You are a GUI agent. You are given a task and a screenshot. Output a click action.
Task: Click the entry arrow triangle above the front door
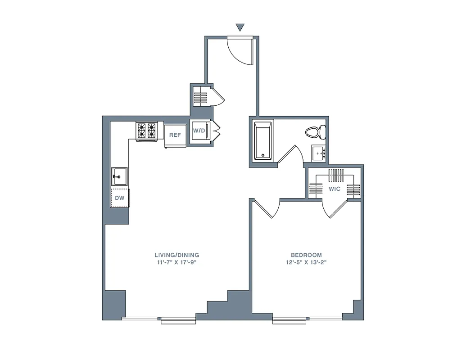240,27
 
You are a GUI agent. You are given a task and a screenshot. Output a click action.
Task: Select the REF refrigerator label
175,135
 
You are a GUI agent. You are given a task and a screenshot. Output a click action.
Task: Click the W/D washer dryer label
199,131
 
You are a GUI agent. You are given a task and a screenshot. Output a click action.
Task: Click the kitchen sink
120,176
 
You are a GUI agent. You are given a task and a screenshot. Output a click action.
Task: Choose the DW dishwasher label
120,198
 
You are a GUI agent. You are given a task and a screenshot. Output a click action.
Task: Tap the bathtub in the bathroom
263,140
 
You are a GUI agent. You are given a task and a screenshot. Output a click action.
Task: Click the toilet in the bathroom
316,132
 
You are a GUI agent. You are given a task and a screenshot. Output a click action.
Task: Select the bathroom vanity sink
319,153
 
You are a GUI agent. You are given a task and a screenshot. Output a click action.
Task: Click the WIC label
335,189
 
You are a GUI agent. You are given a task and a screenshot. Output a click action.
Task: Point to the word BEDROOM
306,255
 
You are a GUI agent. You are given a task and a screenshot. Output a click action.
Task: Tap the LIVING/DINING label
176,255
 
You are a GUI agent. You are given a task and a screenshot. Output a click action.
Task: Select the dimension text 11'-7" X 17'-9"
176,262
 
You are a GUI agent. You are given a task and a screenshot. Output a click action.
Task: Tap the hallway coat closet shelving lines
200,97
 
